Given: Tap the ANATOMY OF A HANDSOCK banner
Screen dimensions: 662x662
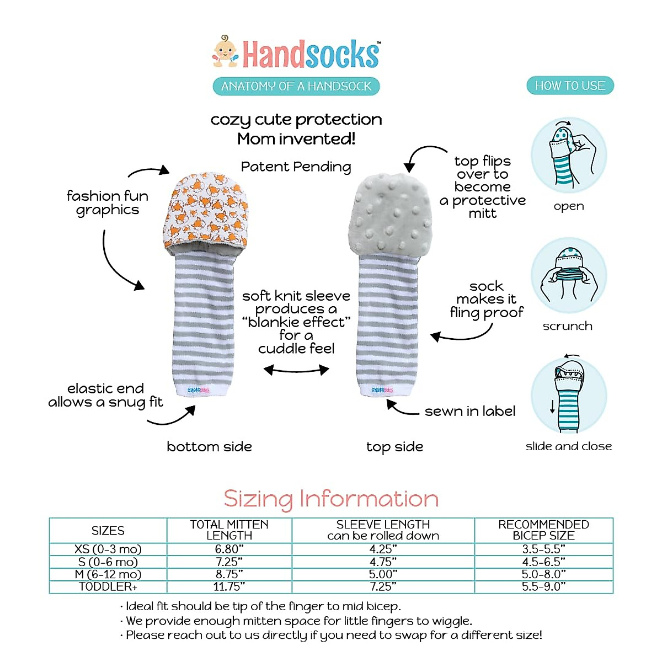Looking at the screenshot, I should tap(296, 86).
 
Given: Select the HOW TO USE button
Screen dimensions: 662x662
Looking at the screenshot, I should tap(570, 86).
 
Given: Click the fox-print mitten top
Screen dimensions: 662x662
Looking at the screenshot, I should tap(206, 211).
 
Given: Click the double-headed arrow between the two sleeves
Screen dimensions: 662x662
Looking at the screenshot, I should tap(296, 370).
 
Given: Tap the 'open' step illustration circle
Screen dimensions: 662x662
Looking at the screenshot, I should tap(569, 156).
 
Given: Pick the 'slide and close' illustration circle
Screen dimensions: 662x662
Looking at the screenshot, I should tap(569, 396).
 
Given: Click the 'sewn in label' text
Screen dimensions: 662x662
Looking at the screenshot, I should tap(470, 411).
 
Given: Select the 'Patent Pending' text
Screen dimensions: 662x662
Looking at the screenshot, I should tap(296, 167).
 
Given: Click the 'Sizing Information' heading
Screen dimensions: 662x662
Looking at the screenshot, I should tap(331, 499).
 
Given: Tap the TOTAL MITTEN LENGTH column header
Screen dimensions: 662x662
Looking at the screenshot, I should tap(229, 530).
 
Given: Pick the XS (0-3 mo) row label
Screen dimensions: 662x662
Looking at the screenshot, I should tap(108, 549).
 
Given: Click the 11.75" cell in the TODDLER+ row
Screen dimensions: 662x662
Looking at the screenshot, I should tap(229, 587).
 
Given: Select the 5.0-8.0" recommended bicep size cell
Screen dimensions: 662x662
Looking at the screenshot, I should tap(543, 574).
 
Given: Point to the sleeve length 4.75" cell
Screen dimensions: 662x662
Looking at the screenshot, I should tap(383, 562).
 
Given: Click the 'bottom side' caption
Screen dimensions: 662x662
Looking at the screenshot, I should tap(209, 446).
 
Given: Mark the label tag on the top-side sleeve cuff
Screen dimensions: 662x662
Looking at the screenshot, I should tap(382, 390).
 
